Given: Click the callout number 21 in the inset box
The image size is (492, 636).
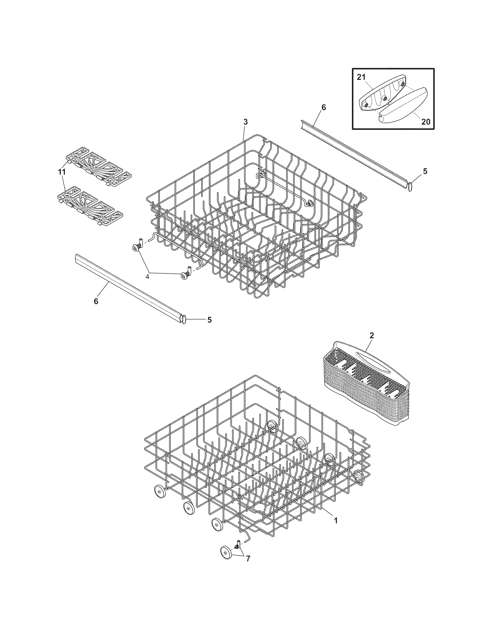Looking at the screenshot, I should [361, 77].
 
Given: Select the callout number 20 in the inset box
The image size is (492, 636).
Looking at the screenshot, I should [426, 121].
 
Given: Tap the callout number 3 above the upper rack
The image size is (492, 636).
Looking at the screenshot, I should [246, 122].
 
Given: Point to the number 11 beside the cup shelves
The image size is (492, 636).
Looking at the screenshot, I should [61, 172].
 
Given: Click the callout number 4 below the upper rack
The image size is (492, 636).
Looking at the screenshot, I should [148, 277].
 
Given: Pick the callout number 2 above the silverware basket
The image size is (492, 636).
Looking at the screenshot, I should [371, 335].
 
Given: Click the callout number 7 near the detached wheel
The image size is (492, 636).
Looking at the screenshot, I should [248, 559].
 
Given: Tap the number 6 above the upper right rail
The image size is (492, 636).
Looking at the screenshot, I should [324, 108].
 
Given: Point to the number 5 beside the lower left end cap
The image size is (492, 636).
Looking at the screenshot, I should [209, 320].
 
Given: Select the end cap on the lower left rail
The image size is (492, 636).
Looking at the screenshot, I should [184, 319].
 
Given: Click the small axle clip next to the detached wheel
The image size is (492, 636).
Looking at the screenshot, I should [237, 543].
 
